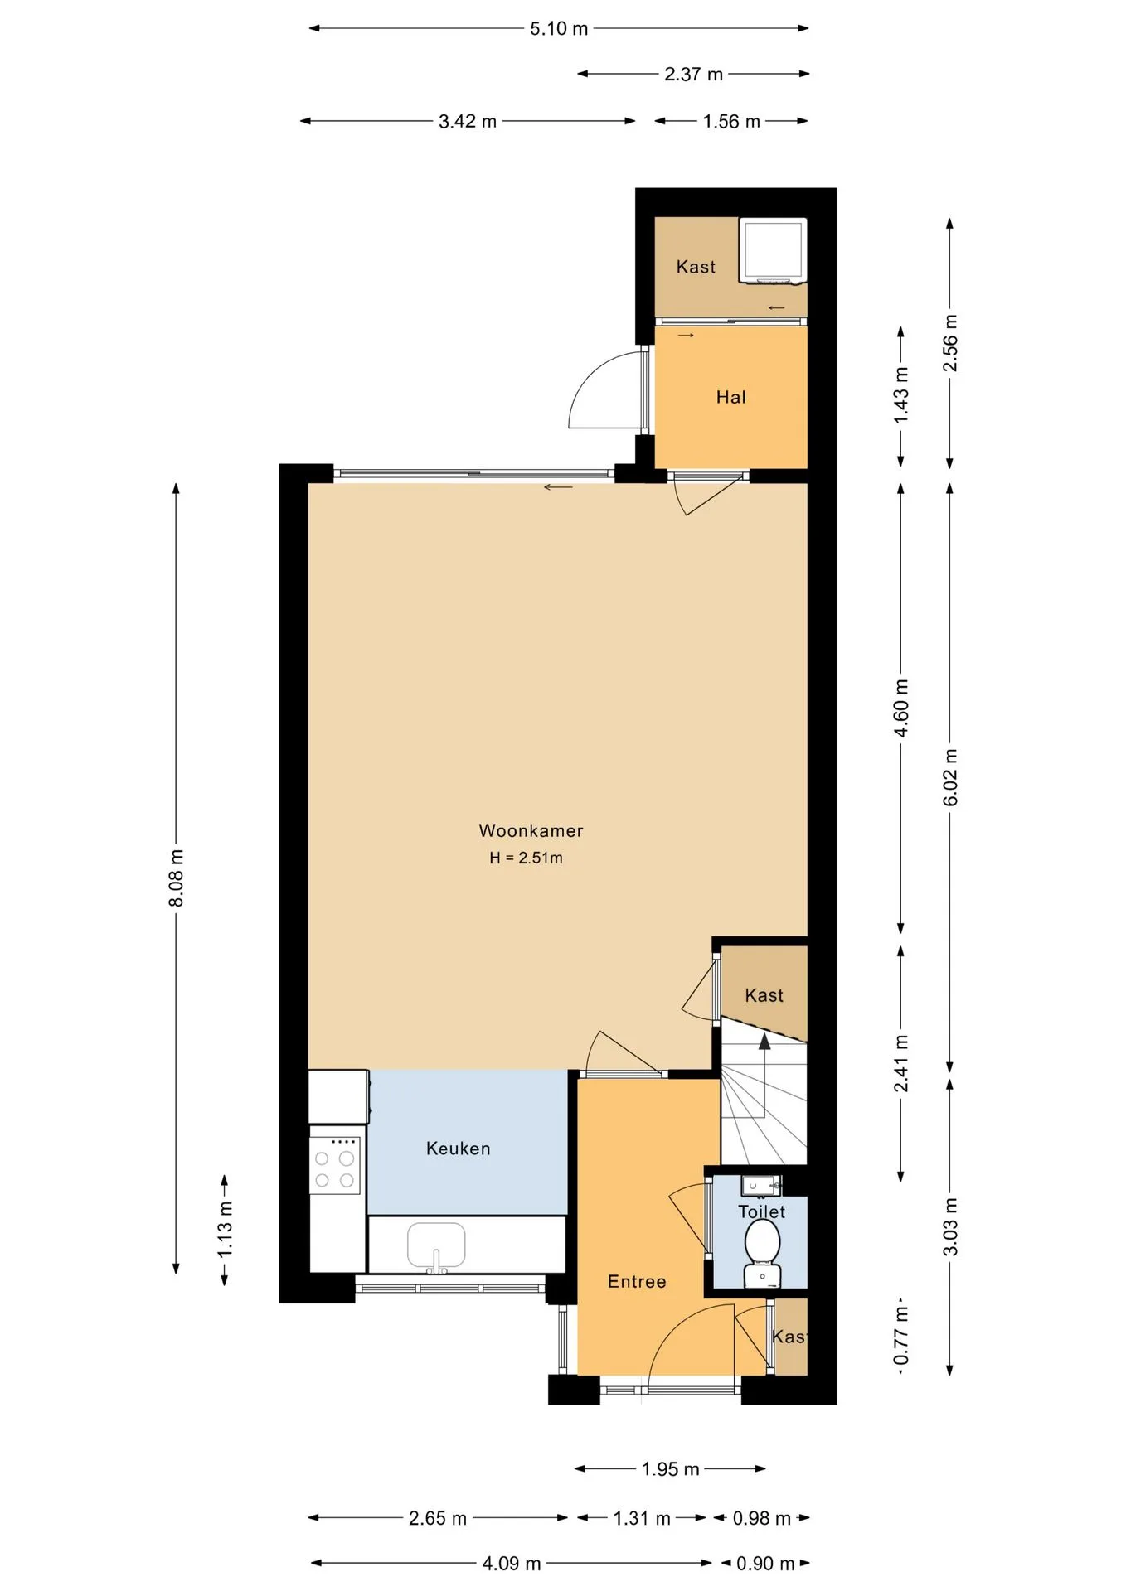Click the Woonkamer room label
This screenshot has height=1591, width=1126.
click(531, 830)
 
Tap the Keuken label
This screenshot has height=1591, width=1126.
click(459, 1149)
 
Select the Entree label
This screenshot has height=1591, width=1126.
click(637, 1282)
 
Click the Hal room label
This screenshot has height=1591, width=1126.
click(731, 397)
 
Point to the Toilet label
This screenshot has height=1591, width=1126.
click(761, 1211)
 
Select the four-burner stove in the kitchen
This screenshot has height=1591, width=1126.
click(335, 1165)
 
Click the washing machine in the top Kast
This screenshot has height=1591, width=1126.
click(773, 251)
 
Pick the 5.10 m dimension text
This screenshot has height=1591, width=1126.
click(559, 29)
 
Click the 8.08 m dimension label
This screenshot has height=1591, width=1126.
click(177, 878)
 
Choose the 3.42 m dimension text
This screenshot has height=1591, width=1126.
click(468, 122)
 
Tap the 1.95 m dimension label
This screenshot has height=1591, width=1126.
click(671, 1469)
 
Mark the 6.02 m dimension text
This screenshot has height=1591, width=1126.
click(950, 777)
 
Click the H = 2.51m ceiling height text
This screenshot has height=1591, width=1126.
click(526, 858)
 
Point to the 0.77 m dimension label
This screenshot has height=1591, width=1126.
click(901, 1336)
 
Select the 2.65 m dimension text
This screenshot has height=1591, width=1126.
click(438, 1518)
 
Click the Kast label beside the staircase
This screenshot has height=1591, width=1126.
click(764, 995)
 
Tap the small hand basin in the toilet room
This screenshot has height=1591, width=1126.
click(761, 1186)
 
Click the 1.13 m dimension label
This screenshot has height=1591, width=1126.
click(225, 1229)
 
